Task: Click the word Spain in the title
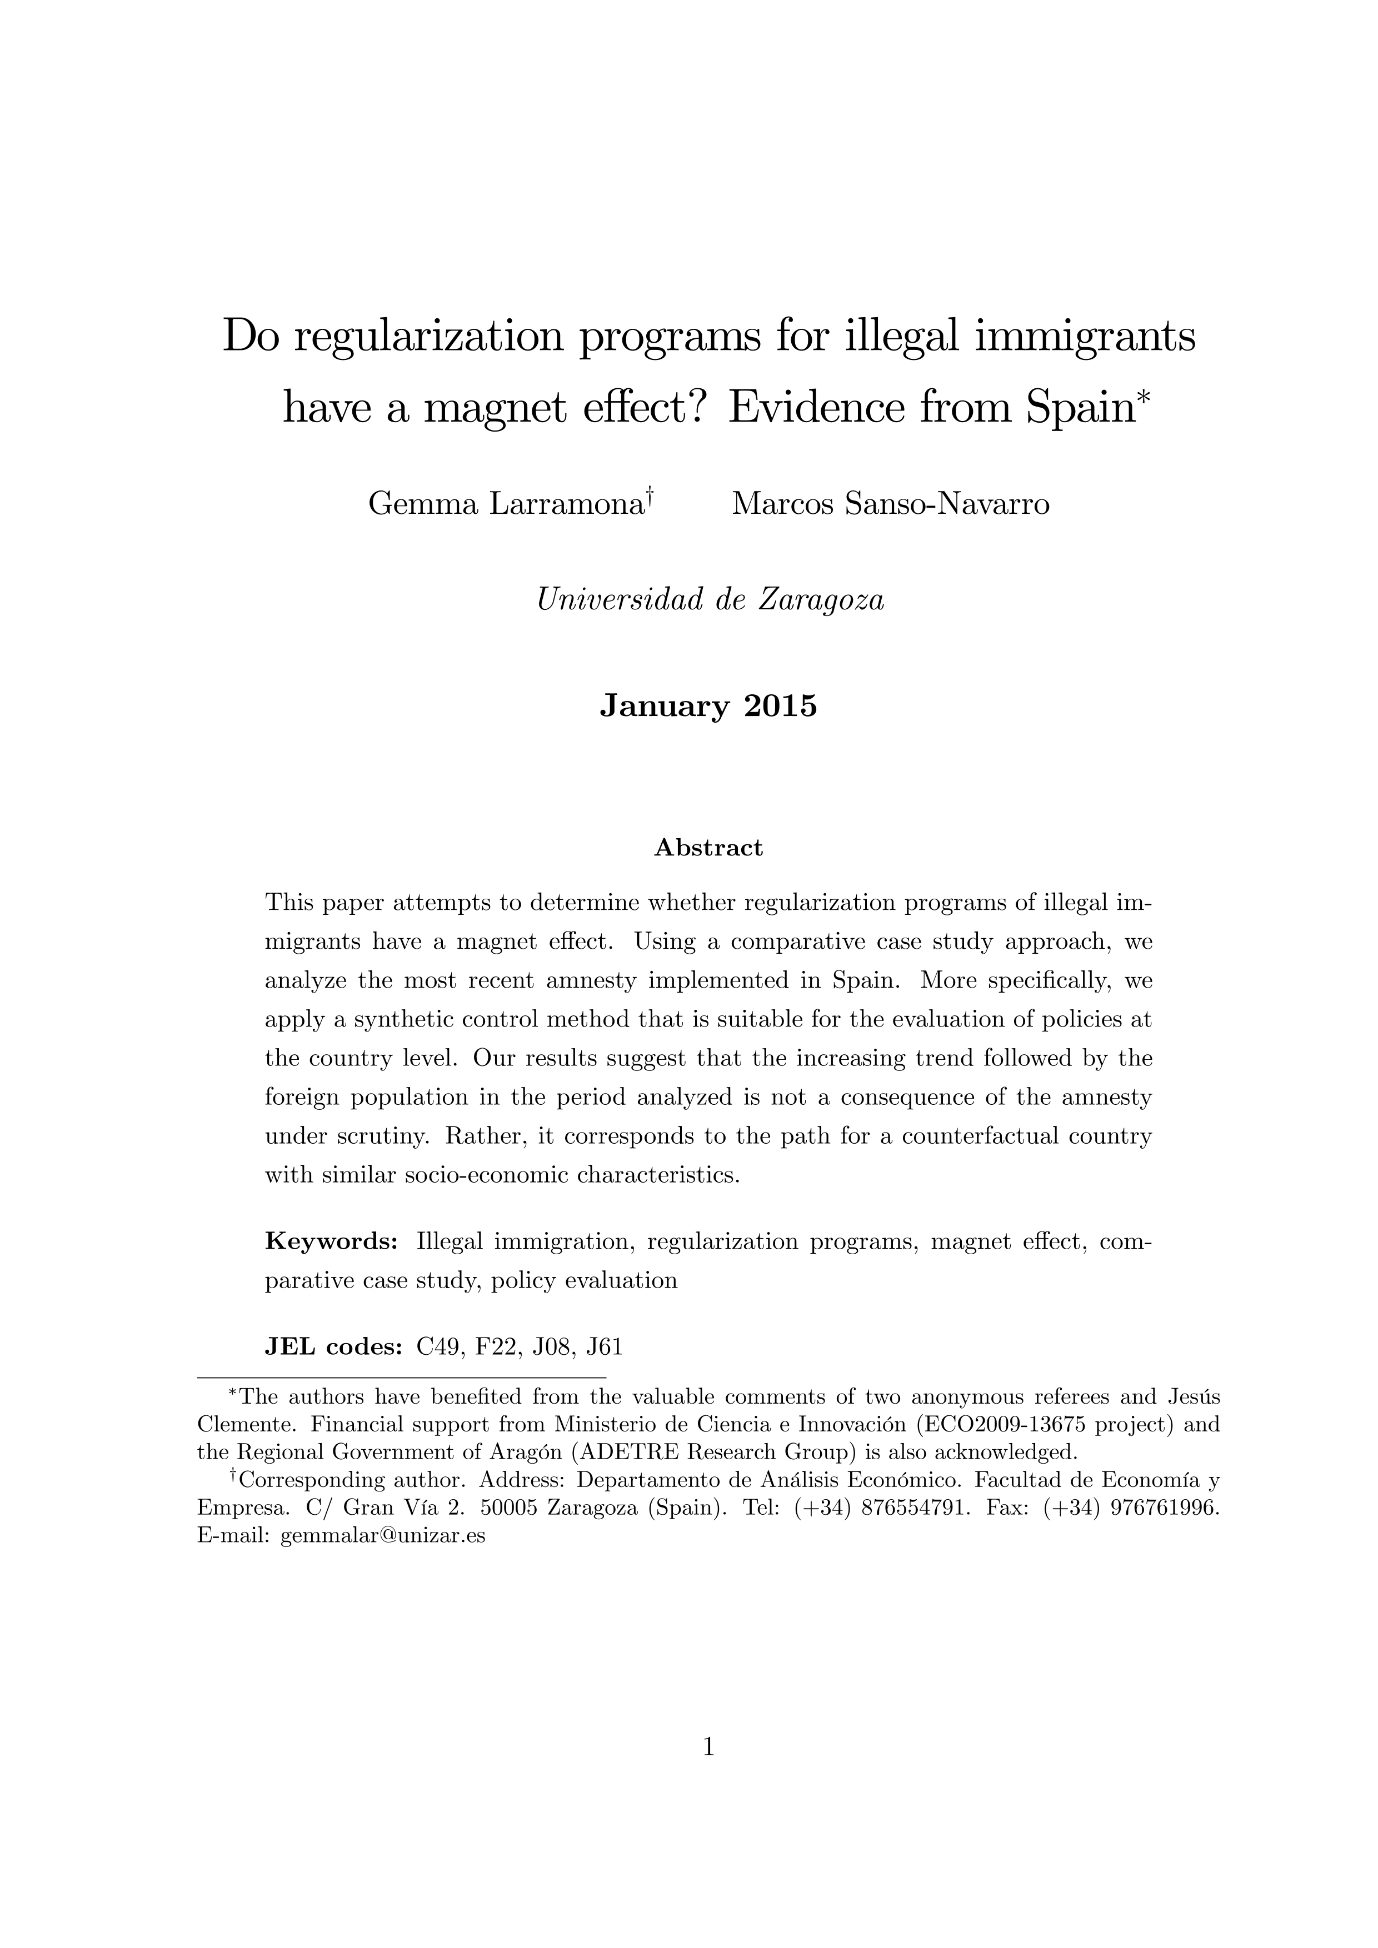pyautogui.click(x=1079, y=408)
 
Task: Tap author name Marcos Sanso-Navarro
pyautogui.click(x=890, y=504)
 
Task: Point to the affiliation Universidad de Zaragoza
pyautogui.click(x=710, y=600)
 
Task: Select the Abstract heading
pyautogui.click(x=708, y=848)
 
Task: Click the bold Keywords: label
pyautogui.click(x=332, y=1241)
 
